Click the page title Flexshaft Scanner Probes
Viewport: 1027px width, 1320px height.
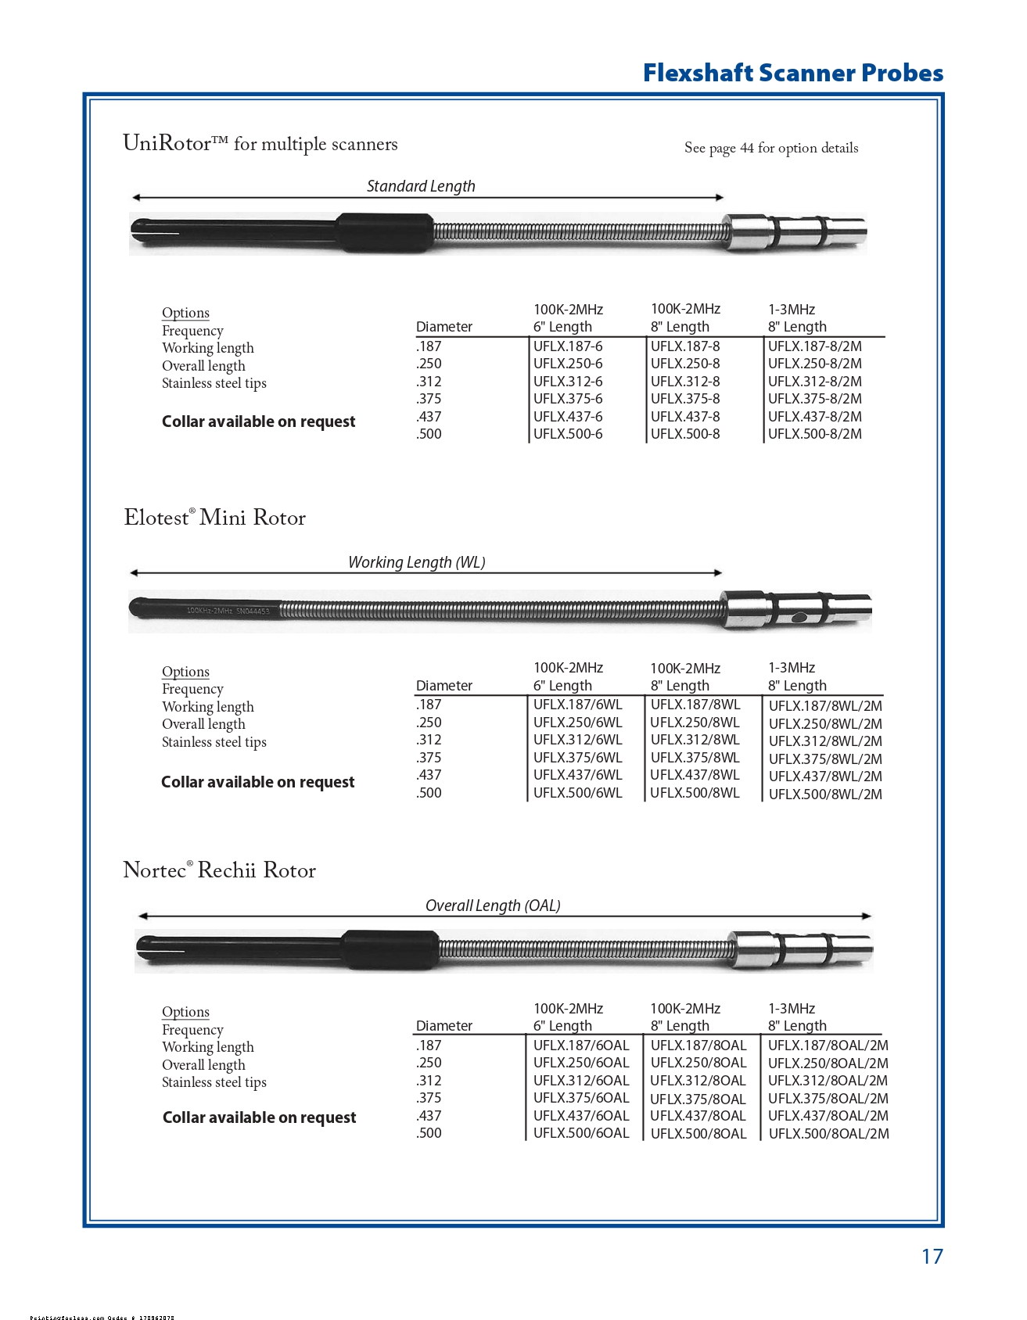tap(792, 73)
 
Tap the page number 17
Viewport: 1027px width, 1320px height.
tap(932, 1256)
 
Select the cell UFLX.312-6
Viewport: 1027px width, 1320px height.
tap(568, 382)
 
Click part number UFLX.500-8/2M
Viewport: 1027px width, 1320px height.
tap(814, 434)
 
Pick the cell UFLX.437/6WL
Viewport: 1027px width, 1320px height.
tap(577, 775)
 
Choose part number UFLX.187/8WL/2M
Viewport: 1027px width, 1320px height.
tap(824, 705)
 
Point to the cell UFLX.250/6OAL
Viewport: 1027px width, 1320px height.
tap(580, 1063)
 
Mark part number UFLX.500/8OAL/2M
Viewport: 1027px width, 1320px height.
tap(828, 1134)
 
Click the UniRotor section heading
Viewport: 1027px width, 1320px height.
tap(260, 144)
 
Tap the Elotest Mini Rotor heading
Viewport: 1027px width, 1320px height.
tap(214, 518)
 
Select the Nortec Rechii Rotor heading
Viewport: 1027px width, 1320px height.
tap(219, 870)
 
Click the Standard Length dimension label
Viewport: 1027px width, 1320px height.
tap(421, 186)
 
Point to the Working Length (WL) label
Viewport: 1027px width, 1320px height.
tap(416, 562)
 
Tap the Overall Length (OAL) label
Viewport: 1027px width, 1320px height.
tap(493, 906)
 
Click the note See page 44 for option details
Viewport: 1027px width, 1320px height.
tap(770, 148)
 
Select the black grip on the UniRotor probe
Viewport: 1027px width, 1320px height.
tap(385, 232)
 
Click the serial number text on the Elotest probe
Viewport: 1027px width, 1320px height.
tap(228, 611)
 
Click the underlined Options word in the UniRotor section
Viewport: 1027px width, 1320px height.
tap(185, 313)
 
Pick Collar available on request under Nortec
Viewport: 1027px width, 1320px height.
tap(259, 1117)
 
